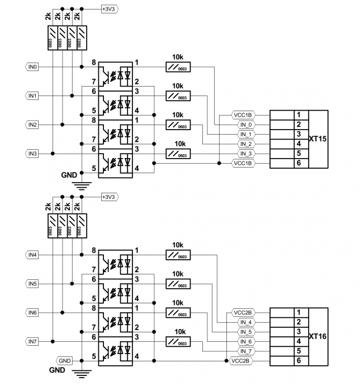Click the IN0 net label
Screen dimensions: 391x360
click(x=32, y=66)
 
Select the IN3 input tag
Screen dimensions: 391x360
click(x=32, y=153)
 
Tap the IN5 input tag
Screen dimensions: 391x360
click(x=32, y=284)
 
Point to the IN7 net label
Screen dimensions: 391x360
click(x=32, y=341)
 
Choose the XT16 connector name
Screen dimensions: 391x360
click(x=317, y=336)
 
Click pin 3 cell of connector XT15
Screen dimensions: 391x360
click(x=299, y=134)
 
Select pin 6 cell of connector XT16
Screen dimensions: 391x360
click(x=299, y=361)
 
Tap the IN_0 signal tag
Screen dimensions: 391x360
click(x=246, y=125)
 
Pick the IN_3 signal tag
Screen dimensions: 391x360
click(x=246, y=153)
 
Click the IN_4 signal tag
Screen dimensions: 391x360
click(x=246, y=322)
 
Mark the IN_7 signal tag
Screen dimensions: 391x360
click(x=246, y=351)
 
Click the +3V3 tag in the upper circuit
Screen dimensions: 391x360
click(x=109, y=9)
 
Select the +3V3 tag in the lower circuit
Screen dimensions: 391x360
click(x=109, y=197)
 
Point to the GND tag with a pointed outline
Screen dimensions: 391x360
click(x=65, y=360)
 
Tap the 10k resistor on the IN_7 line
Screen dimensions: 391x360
click(x=178, y=341)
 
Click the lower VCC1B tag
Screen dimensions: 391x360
click(x=243, y=163)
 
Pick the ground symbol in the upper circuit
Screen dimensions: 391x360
click(x=82, y=185)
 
